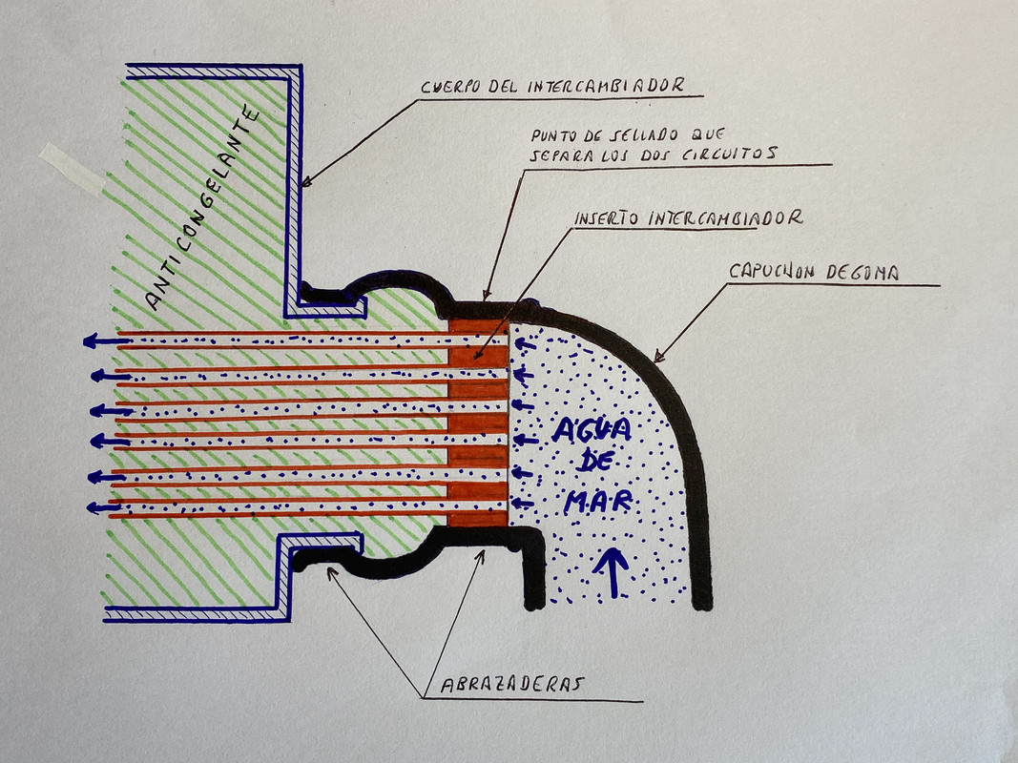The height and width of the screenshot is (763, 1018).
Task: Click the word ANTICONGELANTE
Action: pyautogui.click(x=203, y=210)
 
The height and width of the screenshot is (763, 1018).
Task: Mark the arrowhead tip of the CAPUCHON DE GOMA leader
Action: pyautogui.click(x=654, y=360)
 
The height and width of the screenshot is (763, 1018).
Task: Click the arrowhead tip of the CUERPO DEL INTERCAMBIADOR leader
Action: pyautogui.click(x=301, y=183)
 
